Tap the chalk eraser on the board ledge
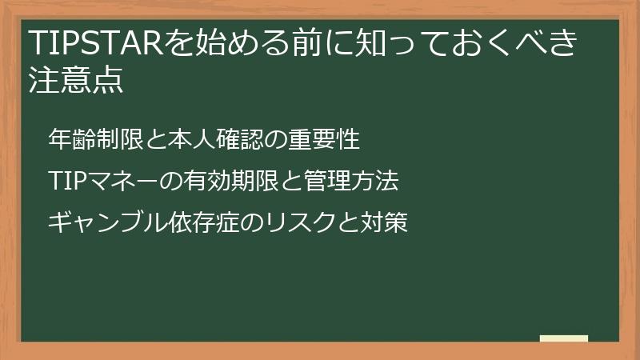563,338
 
